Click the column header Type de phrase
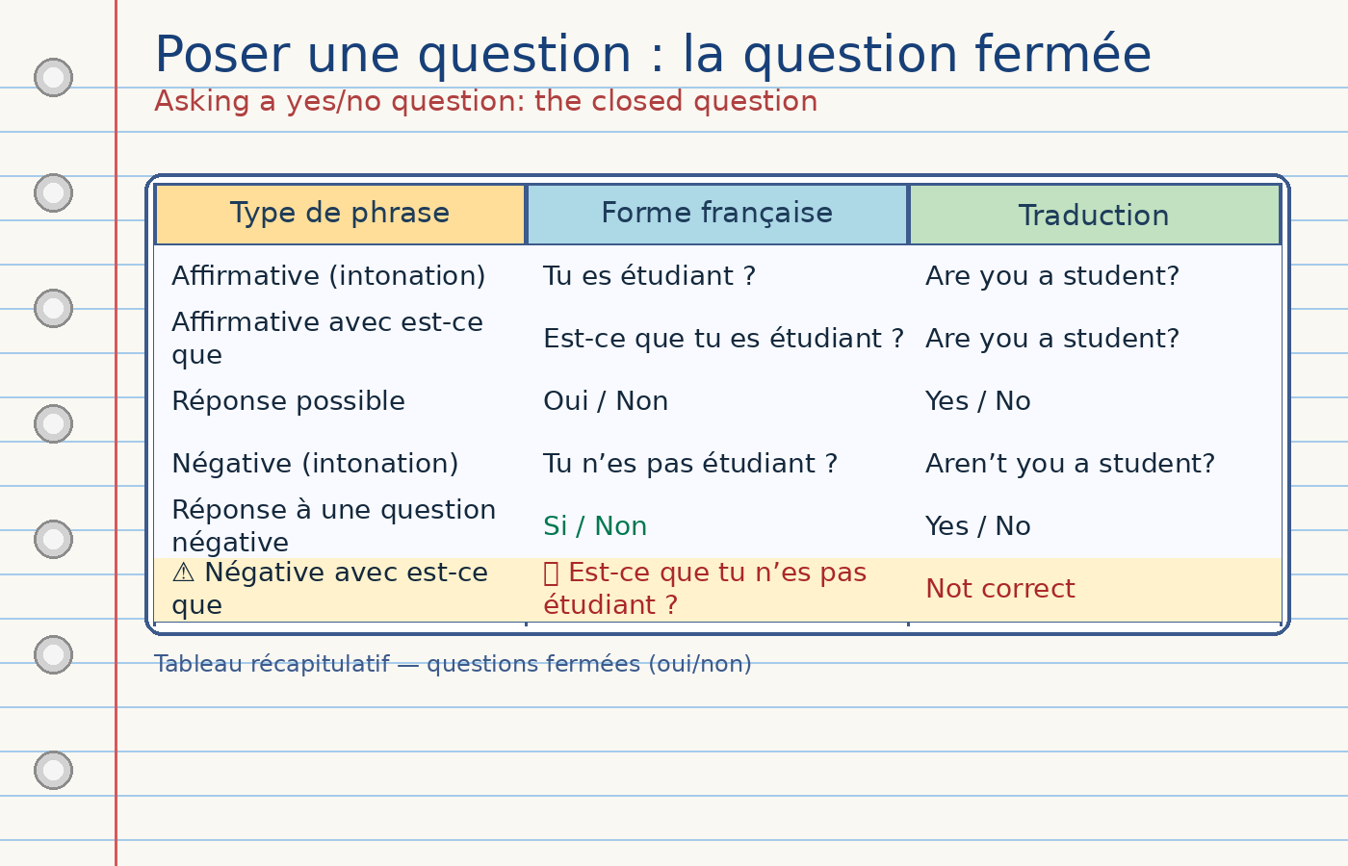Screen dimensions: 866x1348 click(x=340, y=214)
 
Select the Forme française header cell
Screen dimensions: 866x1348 click(x=716, y=214)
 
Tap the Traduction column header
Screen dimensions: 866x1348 click(x=1094, y=216)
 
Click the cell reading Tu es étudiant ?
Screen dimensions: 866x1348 click(x=649, y=276)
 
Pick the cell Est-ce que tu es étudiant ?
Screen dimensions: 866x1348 click(x=723, y=339)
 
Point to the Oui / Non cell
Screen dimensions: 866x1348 click(x=606, y=401)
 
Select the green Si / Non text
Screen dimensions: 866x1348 click(x=595, y=526)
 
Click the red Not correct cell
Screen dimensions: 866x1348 click(x=999, y=589)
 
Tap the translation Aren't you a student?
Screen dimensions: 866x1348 click(x=1070, y=464)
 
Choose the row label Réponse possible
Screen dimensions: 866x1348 click(x=288, y=401)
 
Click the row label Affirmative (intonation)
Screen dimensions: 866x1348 click(x=328, y=276)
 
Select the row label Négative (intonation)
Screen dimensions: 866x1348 click(x=315, y=464)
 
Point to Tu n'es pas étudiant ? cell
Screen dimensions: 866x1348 click(x=690, y=464)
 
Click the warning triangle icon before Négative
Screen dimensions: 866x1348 click(x=183, y=573)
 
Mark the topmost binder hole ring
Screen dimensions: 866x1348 click(x=53, y=77)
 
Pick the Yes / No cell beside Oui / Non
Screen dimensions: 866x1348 click(x=977, y=401)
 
